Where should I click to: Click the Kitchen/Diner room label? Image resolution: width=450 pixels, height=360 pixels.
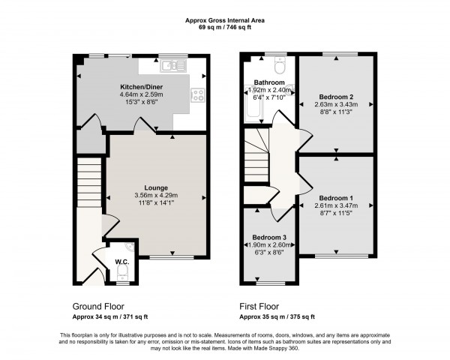(142, 88)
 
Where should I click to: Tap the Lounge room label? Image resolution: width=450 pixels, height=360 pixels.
(156, 187)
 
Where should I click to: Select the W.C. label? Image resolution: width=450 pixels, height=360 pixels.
(121, 262)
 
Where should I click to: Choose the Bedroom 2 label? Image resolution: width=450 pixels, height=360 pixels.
(335, 97)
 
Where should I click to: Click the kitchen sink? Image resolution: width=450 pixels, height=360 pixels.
(172, 67)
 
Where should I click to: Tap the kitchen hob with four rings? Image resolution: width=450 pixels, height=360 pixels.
(199, 95)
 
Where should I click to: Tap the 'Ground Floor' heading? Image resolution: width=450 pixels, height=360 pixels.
(98, 306)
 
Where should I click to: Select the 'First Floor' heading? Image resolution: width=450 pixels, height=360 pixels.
(262, 306)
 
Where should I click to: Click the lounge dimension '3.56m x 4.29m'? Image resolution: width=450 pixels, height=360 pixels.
(156, 196)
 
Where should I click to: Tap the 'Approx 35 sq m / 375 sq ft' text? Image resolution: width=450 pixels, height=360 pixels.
(277, 316)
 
